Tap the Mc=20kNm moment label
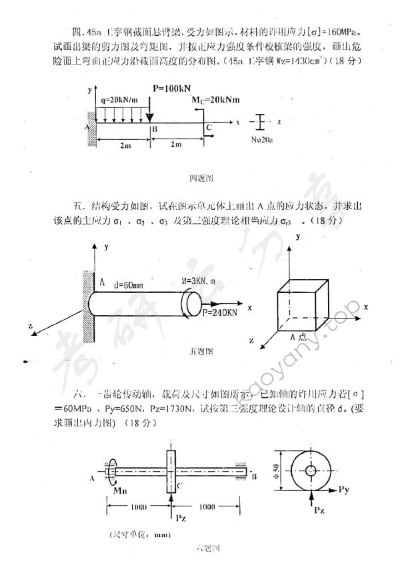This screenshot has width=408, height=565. pos(212,100)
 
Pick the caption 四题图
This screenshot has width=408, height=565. pos(200,178)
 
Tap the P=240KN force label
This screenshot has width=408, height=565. pos(221,312)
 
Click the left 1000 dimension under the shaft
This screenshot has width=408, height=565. pos(138,507)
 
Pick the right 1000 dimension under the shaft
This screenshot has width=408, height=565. pos(207,507)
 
